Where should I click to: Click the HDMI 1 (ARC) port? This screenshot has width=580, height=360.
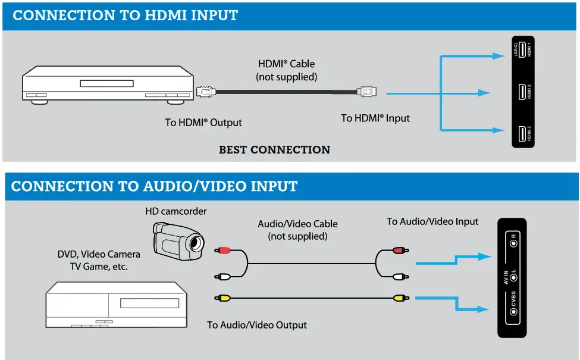click(522, 50)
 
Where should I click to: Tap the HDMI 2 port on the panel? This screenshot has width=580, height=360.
click(522, 92)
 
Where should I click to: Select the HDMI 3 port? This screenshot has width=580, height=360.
click(522, 134)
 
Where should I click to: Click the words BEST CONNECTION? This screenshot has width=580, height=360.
click(274, 150)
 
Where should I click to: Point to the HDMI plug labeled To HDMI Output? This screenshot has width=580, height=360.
click(205, 92)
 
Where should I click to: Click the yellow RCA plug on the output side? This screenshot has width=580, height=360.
click(223, 296)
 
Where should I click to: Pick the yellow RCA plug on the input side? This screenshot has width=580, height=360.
click(399, 296)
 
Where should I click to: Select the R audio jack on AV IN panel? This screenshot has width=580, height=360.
click(513, 243)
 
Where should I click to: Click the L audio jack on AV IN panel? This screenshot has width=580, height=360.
click(513, 278)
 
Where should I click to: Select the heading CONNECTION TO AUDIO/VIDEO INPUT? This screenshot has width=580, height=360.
click(154, 186)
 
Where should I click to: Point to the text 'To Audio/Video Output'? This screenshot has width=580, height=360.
click(257, 325)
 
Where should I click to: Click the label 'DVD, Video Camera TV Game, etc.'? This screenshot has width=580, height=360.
click(98, 260)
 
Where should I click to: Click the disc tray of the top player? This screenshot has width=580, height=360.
click(108, 83)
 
